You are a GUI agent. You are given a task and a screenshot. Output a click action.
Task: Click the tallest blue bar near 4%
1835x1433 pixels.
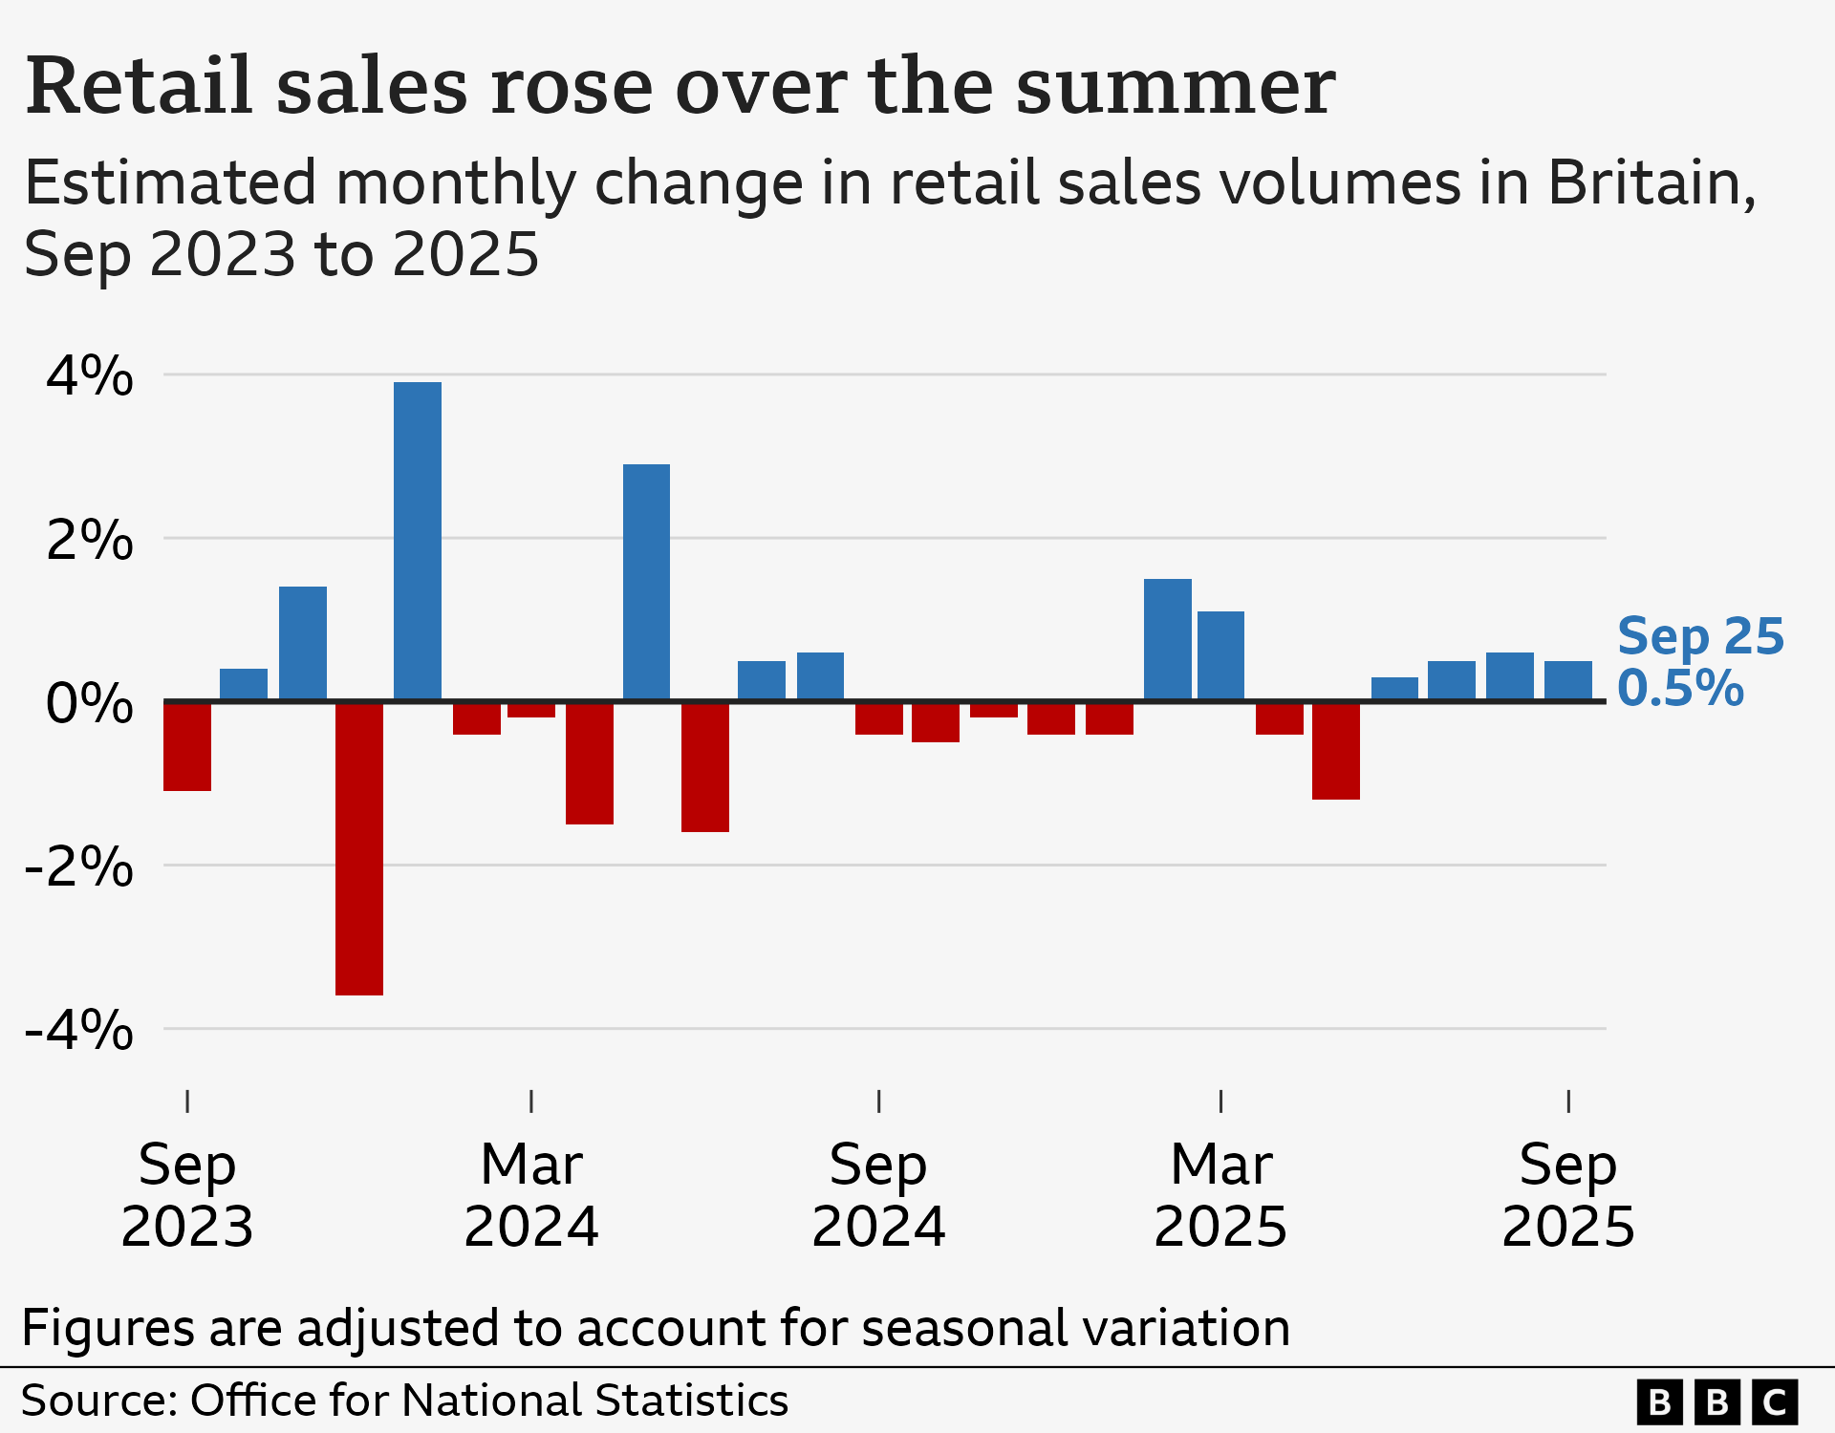[418, 541]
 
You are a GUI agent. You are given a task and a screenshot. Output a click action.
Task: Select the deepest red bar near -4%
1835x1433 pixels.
[359, 848]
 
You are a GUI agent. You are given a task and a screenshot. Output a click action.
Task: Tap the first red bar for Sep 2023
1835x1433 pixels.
[187, 746]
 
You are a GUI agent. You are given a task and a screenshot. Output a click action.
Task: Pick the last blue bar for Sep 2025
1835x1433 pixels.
[1568, 680]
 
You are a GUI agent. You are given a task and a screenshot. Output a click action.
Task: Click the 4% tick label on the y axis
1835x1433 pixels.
[90, 375]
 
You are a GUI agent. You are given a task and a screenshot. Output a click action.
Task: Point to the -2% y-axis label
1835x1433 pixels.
[79, 867]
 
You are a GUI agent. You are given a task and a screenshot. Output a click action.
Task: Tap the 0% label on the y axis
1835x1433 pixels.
[90, 704]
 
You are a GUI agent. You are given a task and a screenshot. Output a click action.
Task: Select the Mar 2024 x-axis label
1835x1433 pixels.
[531, 1194]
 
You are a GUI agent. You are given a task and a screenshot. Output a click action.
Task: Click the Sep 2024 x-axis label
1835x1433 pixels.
[878, 1194]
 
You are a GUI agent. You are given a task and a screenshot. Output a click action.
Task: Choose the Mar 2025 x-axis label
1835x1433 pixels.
[1220, 1194]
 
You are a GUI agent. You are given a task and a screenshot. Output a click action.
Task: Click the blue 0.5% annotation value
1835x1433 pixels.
[1680, 689]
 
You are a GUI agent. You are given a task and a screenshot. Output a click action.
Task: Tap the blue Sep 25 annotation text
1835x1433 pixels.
[1700, 636]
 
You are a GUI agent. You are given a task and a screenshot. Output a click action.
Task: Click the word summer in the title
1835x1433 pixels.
[1175, 87]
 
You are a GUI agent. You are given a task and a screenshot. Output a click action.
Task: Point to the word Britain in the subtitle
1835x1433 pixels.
[1651, 182]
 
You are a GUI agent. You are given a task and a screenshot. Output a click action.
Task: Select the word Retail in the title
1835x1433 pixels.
[140, 87]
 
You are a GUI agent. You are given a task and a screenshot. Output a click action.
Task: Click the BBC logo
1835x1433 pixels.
[1716, 1401]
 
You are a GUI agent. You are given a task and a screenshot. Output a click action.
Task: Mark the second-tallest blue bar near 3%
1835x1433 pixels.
[646, 582]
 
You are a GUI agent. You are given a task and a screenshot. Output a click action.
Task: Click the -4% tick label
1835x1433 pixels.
[79, 1031]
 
